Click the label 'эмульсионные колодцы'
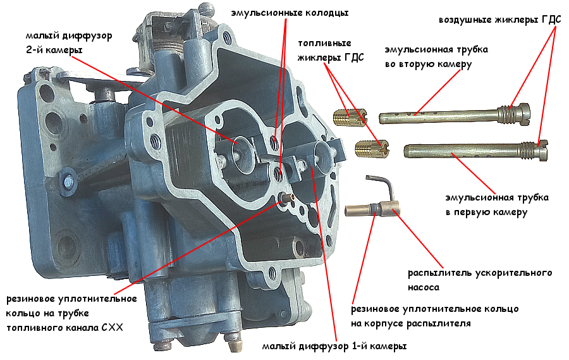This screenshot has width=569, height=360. point(290,13)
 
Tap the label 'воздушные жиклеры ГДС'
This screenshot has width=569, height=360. point(500,20)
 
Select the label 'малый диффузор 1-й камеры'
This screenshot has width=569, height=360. point(334,346)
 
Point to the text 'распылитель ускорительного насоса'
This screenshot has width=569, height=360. point(480,280)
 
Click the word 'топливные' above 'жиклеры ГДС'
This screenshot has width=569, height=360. point(324,43)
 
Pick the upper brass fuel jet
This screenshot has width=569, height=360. point(350,117)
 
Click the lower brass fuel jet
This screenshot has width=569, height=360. point(372,149)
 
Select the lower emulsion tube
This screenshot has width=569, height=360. point(475,151)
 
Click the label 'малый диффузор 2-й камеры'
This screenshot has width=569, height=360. point(69,43)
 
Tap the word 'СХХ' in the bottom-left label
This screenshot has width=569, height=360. point(112,328)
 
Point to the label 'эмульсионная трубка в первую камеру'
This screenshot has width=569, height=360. point(497,205)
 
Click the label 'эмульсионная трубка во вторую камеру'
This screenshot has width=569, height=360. point(436,57)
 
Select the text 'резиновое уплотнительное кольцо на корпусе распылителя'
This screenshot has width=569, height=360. point(435,316)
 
